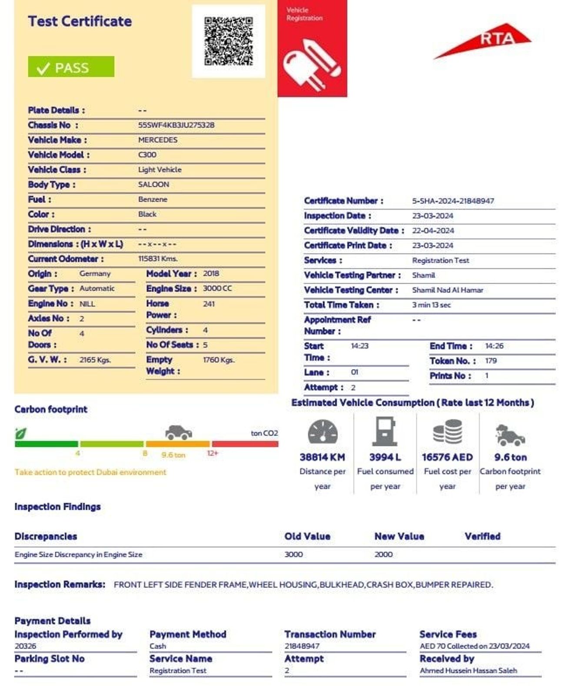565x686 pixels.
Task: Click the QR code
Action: pyautogui.click(x=228, y=41)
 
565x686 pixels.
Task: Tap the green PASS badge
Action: pyautogui.click(x=71, y=67)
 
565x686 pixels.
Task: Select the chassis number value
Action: pyautogui.click(x=176, y=125)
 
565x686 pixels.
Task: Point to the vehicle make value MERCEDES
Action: pyautogui.click(x=158, y=140)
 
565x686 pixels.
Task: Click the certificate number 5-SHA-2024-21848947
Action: pyautogui.click(x=453, y=201)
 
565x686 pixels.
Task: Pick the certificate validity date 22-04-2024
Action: pyautogui.click(x=433, y=231)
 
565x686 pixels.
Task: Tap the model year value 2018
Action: pyautogui.click(x=211, y=274)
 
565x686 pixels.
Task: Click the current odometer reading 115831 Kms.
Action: pyautogui.click(x=158, y=259)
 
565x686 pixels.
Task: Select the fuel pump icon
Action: pyautogui.click(x=385, y=432)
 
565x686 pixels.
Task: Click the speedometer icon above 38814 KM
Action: pyautogui.click(x=322, y=432)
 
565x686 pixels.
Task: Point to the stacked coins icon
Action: pyautogui.click(x=448, y=432)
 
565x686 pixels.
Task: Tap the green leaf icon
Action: pyautogui.click(x=20, y=433)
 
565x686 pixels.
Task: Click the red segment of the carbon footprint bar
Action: pyautogui.click(x=245, y=444)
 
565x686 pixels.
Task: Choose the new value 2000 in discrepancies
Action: pyautogui.click(x=383, y=555)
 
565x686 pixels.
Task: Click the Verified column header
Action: pyautogui.click(x=482, y=536)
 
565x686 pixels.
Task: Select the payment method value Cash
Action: pyautogui.click(x=158, y=646)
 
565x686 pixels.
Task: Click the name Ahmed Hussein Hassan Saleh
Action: pyautogui.click(x=468, y=670)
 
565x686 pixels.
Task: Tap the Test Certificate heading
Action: pyautogui.click(x=80, y=21)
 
